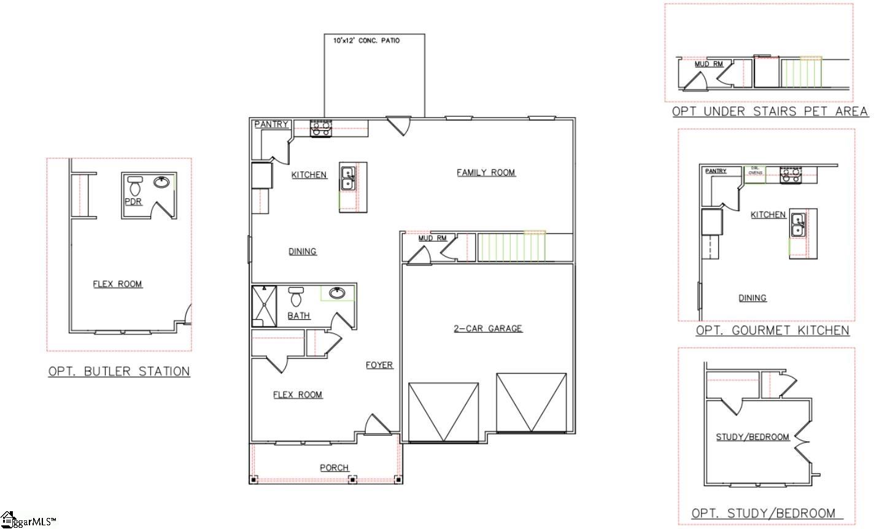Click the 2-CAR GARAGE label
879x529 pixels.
click(x=488, y=328)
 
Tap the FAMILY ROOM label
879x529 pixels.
click(x=486, y=172)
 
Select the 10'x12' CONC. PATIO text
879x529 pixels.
click(x=366, y=41)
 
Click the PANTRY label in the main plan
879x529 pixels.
click(x=271, y=124)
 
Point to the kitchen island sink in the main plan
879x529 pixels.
click(x=347, y=178)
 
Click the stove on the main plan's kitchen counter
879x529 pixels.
click(x=320, y=128)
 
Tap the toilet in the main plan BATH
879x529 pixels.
click(x=296, y=296)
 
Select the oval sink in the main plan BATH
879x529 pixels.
click(x=337, y=293)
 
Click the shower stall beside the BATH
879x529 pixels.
click(x=264, y=306)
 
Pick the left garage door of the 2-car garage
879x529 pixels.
click(x=443, y=412)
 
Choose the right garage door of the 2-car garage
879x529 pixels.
click(x=531, y=401)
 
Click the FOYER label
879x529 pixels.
click(x=379, y=365)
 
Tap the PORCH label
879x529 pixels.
click(x=335, y=468)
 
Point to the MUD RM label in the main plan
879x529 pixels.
click(x=433, y=238)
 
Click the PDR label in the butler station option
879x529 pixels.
click(x=134, y=201)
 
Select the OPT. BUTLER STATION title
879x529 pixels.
click(x=119, y=371)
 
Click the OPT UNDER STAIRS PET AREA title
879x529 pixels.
click(x=770, y=111)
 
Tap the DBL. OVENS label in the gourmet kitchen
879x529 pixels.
click(x=755, y=171)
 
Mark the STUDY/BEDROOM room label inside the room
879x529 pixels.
click(x=753, y=437)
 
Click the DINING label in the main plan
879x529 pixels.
click(x=303, y=251)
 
